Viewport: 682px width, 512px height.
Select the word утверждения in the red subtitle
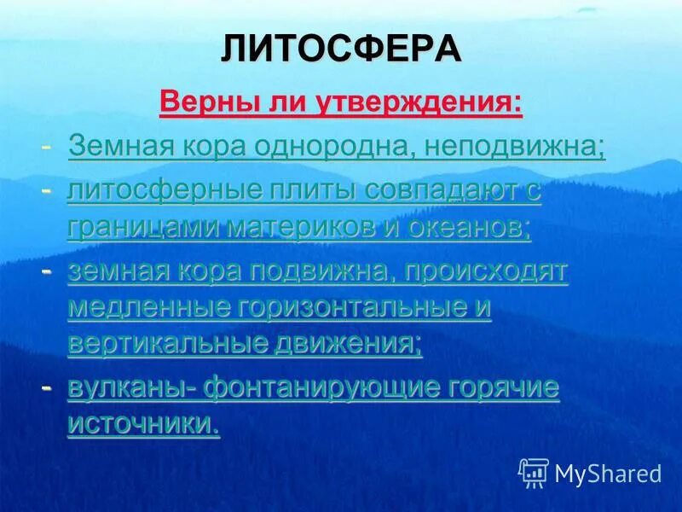pos(417,104)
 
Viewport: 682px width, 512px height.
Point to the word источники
pos(142,424)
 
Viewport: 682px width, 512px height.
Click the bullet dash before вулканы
pos(48,388)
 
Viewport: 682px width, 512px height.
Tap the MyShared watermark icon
pos(534,472)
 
